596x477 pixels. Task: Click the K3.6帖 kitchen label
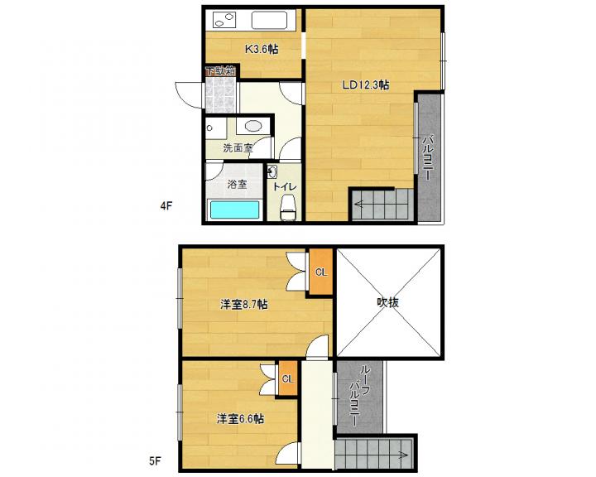click(x=261, y=49)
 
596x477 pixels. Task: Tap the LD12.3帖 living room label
click(x=366, y=84)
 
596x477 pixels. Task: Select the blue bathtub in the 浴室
click(x=234, y=210)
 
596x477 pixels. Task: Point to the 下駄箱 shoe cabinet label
click(x=220, y=71)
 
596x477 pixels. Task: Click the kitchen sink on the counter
click(x=269, y=20)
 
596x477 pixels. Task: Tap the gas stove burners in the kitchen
click(x=224, y=20)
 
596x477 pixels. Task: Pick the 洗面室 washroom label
click(x=238, y=148)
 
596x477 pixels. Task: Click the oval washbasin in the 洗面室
click(x=252, y=126)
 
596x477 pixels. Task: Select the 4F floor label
click(x=166, y=206)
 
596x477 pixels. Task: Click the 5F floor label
click(x=155, y=461)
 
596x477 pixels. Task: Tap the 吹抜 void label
click(x=387, y=302)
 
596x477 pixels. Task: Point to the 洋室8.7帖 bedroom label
click(x=243, y=304)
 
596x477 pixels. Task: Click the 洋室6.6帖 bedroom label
click(x=240, y=419)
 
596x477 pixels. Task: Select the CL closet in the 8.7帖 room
click(x=321, y=272)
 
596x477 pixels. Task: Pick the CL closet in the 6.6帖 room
click(x=288, y=378)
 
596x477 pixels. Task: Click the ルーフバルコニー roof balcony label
click(x=359, y=396)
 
